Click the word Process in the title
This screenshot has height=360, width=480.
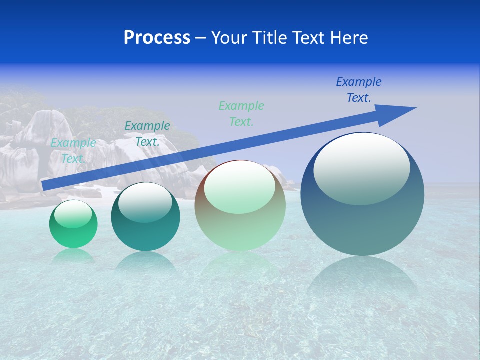[157, 38]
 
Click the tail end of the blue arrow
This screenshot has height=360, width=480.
[46, 185]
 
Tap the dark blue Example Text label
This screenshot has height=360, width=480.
[358, 90]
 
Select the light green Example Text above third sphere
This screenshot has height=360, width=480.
[241, 113]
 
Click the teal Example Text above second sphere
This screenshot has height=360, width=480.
[147, 134]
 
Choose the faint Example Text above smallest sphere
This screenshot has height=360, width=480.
[73, 150]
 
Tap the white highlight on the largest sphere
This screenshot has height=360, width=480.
[361, 169]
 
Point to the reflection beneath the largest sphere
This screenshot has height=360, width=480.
[362, 280]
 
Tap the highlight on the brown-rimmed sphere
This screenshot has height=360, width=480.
[239, 188]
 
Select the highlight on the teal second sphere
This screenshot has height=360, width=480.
[145, 202]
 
